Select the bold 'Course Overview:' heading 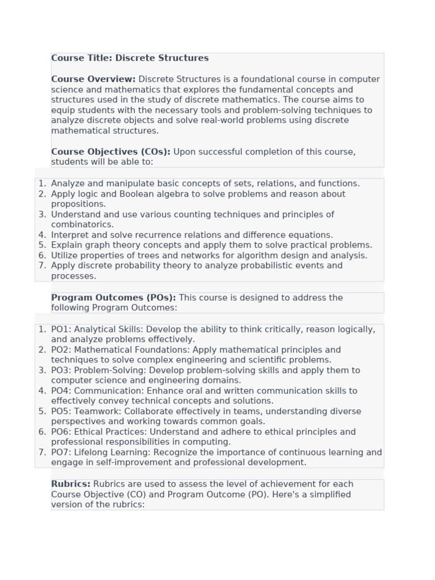93,79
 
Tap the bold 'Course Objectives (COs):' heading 110,152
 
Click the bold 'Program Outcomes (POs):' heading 113,297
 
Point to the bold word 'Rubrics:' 71,484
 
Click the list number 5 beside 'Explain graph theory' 42,245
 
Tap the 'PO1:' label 61,330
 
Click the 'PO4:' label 61,391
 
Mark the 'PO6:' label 61,432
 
